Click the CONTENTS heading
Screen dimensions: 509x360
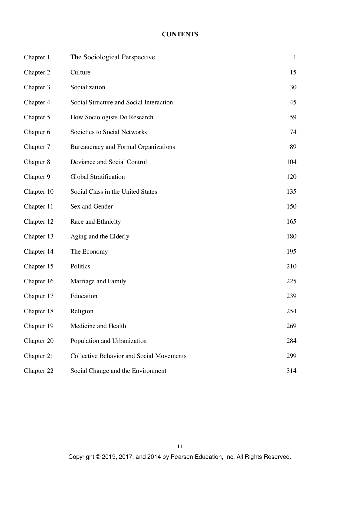[x=180, y=34]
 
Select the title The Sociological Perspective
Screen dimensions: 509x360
[x=113, y=57]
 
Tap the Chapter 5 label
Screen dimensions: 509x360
[x=37, y=117]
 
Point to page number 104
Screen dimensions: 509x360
[x=291, y=162]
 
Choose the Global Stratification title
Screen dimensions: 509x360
[x=97, y=177]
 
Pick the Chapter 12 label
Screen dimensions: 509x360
[x=38, y=222]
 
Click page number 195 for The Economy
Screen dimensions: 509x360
[x=291, y=251]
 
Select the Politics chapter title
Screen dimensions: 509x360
[x=80, y=266]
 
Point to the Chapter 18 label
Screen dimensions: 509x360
[x=38, y=311]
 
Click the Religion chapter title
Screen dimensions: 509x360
[x=82, y=311]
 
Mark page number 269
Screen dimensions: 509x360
[x=291, y=326]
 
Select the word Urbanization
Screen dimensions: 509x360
[x=129, y=341]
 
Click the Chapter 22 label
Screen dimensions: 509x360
[x=38, y=371]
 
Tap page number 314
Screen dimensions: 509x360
[x=291, y=371]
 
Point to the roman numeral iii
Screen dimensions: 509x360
[x=180, y=446]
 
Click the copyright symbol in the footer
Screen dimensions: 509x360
[x=98, y=457]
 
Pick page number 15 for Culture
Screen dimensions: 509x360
[x=293, y=72]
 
